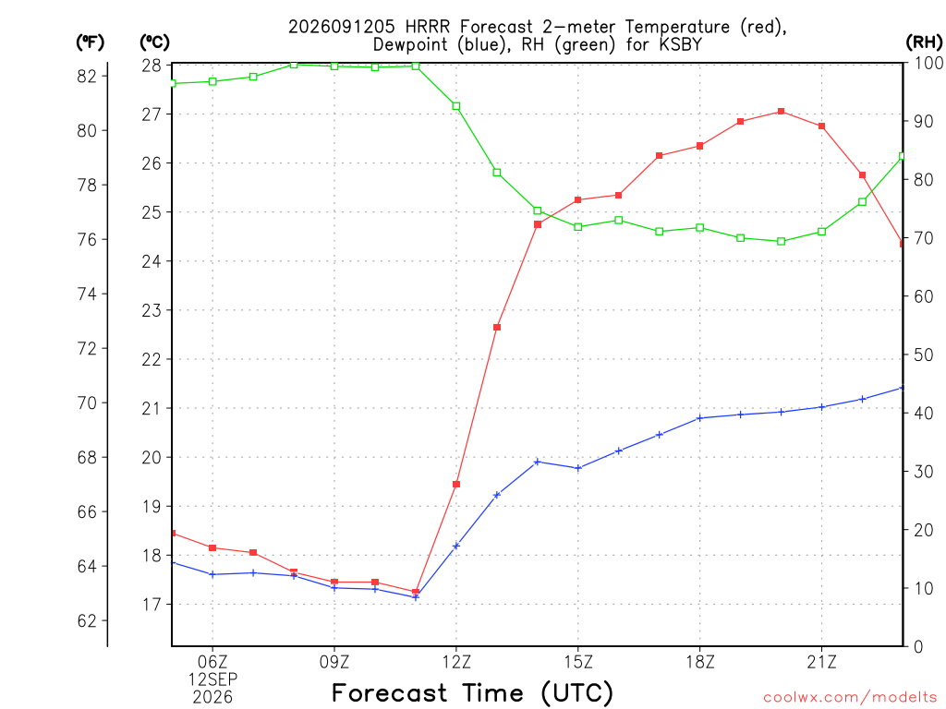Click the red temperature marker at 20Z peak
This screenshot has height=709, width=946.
click(781, 112)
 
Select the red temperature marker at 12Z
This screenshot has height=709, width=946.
click(456, 484)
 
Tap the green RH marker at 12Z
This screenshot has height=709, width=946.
click(456, 106)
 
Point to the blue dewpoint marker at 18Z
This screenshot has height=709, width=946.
click(700, 418)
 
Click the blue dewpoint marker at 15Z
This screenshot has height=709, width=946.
click(578, 468)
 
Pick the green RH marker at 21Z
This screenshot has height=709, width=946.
click(821, 232)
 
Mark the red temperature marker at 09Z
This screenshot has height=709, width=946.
click(334, 582)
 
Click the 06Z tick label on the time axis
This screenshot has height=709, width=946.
click(212, 662)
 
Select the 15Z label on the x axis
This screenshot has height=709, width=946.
click(578, 662)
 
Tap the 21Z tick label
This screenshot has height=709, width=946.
click(821, 662)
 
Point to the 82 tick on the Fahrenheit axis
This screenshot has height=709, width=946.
click(87, 76)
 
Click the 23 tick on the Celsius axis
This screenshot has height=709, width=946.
click(152, 310)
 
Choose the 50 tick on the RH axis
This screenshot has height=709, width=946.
click(923, 354)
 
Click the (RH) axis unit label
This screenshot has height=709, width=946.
click(924, 42)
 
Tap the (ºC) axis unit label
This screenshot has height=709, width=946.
click(154, 42)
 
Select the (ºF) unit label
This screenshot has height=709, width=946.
click(90, 42)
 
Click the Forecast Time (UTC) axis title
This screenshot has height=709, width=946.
click(472, 693)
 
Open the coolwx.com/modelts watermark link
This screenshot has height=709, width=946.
click(850, 697)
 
